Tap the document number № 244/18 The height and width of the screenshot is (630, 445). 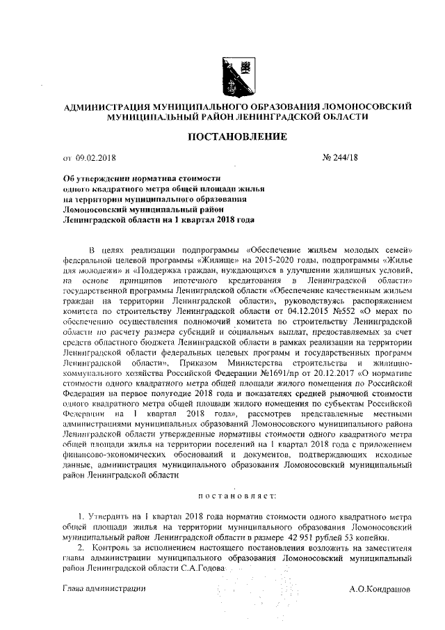pyautogui.click(x=342, y=159)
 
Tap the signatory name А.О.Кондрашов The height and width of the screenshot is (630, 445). pyautogui.click(x=380, y=588)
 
